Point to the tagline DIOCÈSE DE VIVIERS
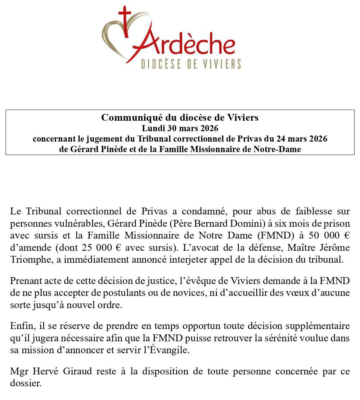pos(190,64)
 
